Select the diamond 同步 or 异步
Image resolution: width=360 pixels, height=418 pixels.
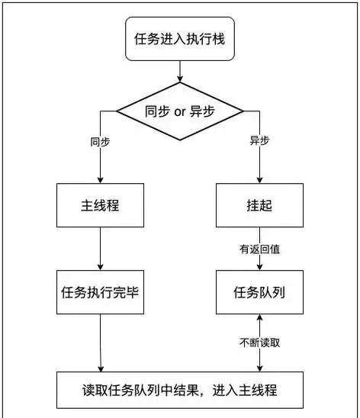180,111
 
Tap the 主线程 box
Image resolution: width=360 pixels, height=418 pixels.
101,206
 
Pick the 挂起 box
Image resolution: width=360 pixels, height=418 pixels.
260,206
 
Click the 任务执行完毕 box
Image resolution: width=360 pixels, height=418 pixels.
101,291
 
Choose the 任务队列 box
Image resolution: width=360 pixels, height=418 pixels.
260,291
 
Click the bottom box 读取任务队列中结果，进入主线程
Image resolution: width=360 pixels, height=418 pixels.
180,391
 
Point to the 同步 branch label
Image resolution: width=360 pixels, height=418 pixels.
100,142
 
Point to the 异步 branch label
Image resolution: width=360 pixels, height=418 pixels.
260,142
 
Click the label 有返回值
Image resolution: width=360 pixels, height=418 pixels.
260,249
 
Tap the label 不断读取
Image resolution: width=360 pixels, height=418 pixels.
260,342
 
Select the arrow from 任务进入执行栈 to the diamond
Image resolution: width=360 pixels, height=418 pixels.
180,70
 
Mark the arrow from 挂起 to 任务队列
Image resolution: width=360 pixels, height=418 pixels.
260,259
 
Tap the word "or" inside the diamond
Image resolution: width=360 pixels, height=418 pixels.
181,111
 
